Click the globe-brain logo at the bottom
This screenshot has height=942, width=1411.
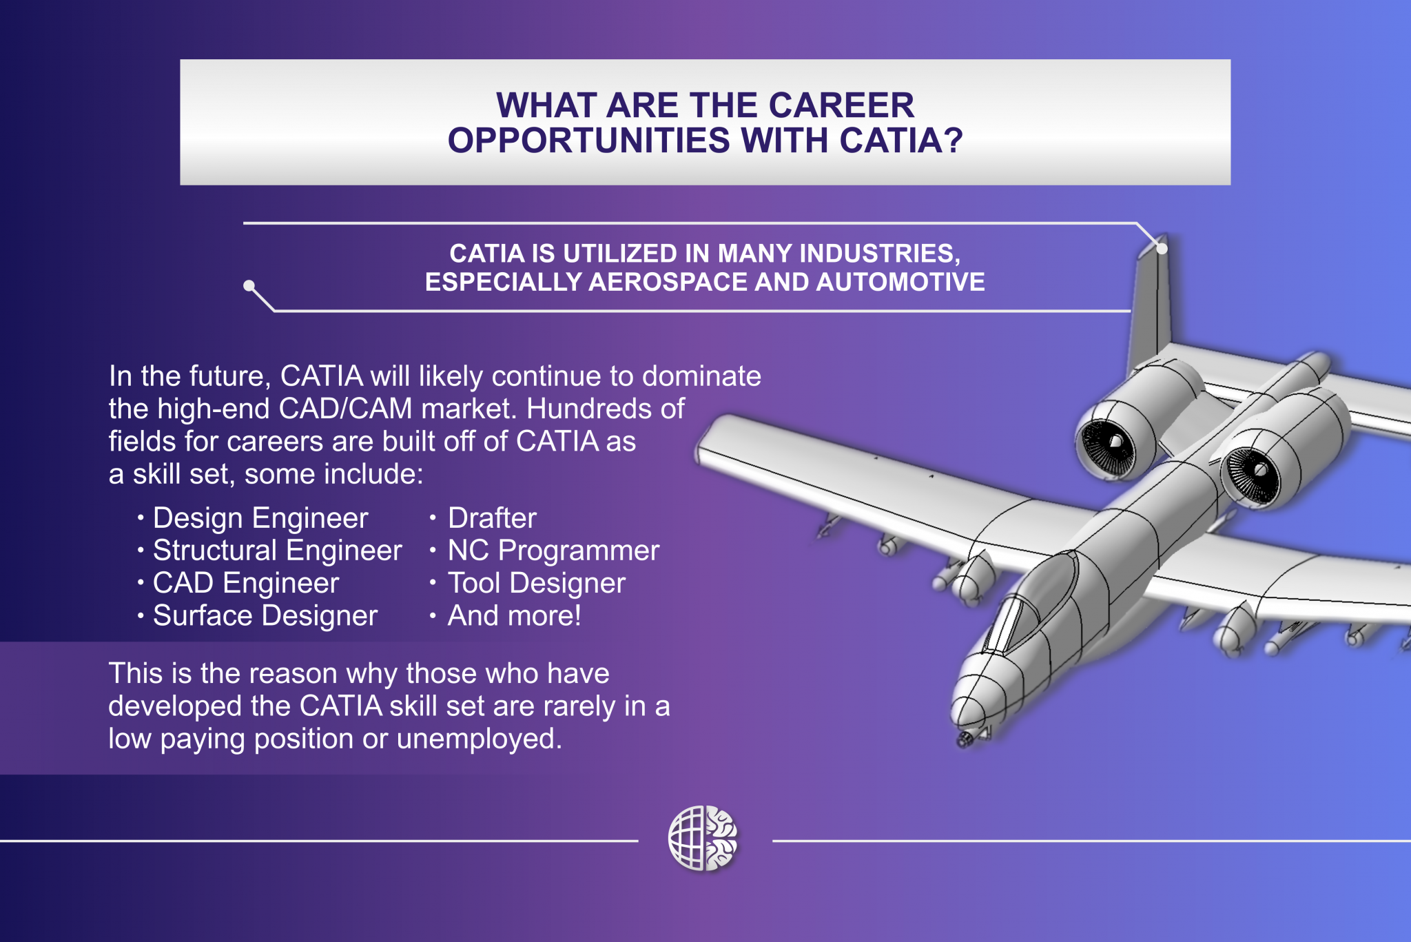coord(703,839)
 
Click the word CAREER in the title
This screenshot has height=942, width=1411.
coord(841,105)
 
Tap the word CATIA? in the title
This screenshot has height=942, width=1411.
coord(901,141)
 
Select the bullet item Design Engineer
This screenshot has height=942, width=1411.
coord(260,518)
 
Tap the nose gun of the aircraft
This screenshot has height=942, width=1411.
coord(964,740)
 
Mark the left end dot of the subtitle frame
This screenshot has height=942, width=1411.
coord(249,285)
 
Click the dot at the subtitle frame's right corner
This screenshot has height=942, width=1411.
coord(1162,248)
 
